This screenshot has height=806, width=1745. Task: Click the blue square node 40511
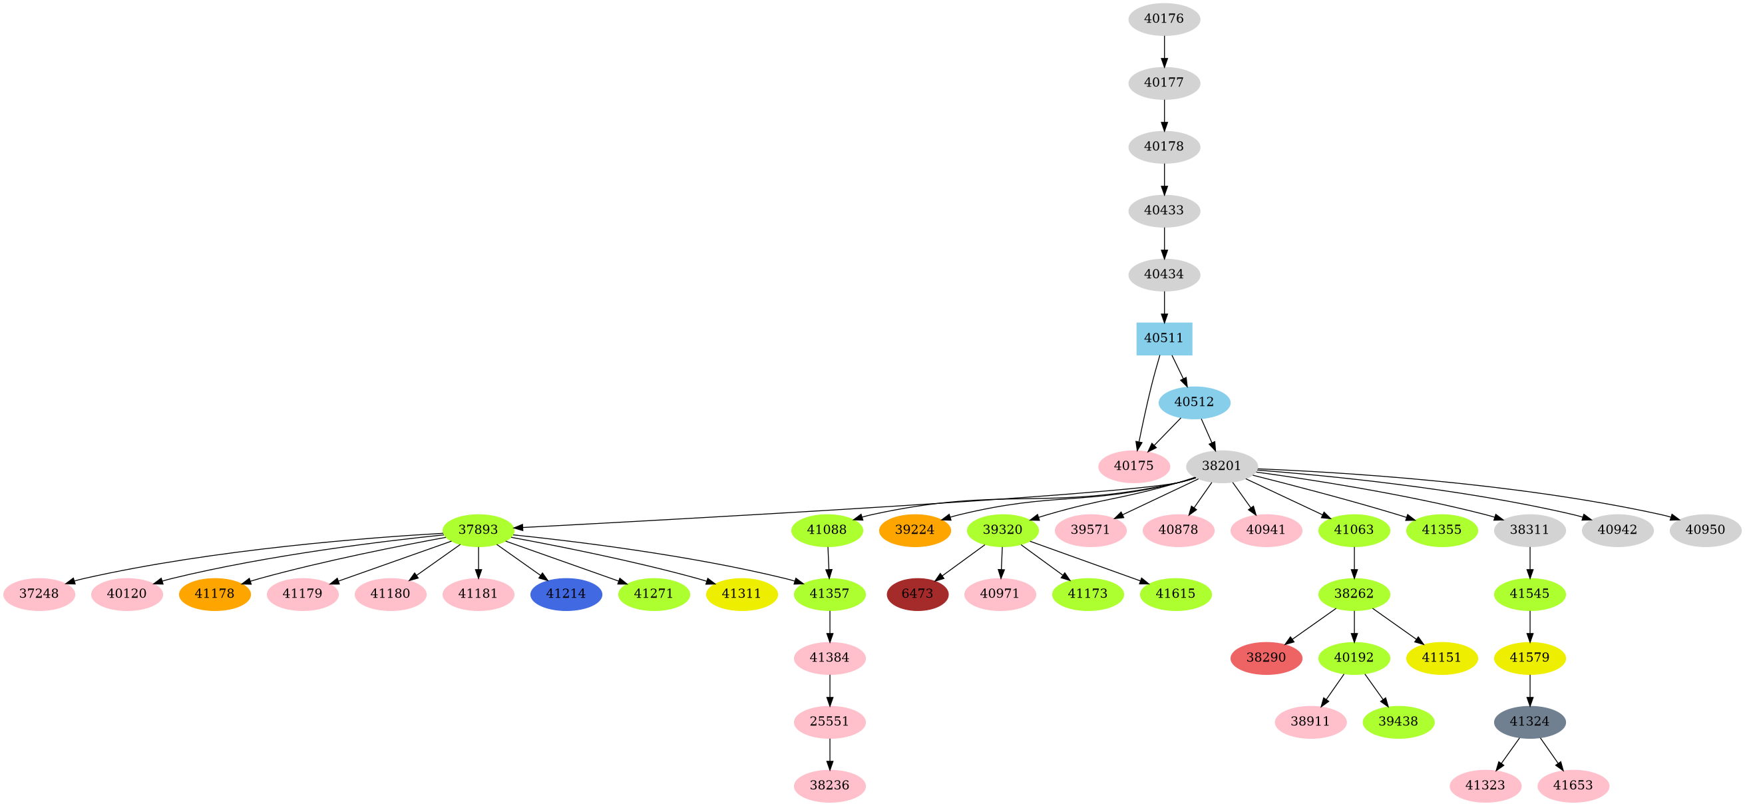pos(1164,339)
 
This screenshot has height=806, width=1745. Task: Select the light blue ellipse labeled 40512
pos(1194,402)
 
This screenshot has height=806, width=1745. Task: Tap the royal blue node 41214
pos(566,594)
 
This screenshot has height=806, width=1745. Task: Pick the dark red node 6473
pos(917,594)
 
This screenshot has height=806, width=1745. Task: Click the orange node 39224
pos(914,530)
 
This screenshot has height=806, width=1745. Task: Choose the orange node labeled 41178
pos(215,594)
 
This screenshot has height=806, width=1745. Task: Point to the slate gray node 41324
pos(1529,721)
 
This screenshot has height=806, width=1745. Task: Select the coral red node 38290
pos(1266,658)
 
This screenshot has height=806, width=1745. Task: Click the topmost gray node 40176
pos(1164,19)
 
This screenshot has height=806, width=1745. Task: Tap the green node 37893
pos(479,530)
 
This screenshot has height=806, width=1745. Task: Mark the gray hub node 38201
pos(1221,466)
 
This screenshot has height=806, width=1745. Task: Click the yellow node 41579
pos(1529,658)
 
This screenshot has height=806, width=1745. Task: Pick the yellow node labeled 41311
pos(742,594)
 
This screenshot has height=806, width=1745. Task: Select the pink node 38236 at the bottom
pos(829,785)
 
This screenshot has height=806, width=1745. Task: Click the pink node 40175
pos(1134,466)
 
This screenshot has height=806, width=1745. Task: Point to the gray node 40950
pos(1705,530)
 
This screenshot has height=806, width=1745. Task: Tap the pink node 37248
pos(39,594)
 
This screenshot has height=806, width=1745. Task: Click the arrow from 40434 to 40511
pos(1164,306)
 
